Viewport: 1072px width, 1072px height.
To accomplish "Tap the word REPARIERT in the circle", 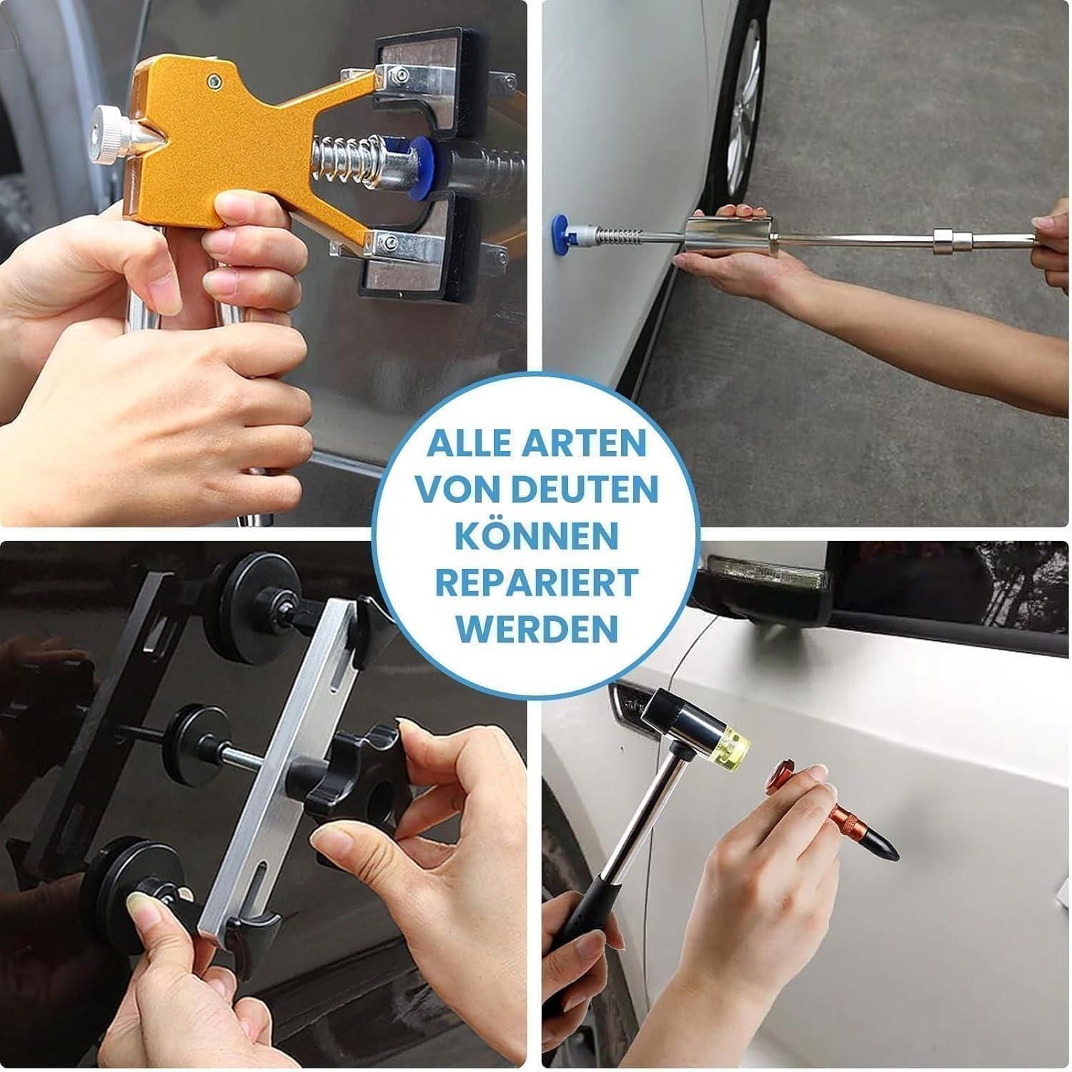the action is [x=537, y=582].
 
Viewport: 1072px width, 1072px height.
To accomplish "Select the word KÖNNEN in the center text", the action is [x=537, y=535].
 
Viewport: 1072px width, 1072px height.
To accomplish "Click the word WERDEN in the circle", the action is [x=537, y=628].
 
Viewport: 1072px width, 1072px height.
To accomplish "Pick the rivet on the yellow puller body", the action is [x=212, y=78].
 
